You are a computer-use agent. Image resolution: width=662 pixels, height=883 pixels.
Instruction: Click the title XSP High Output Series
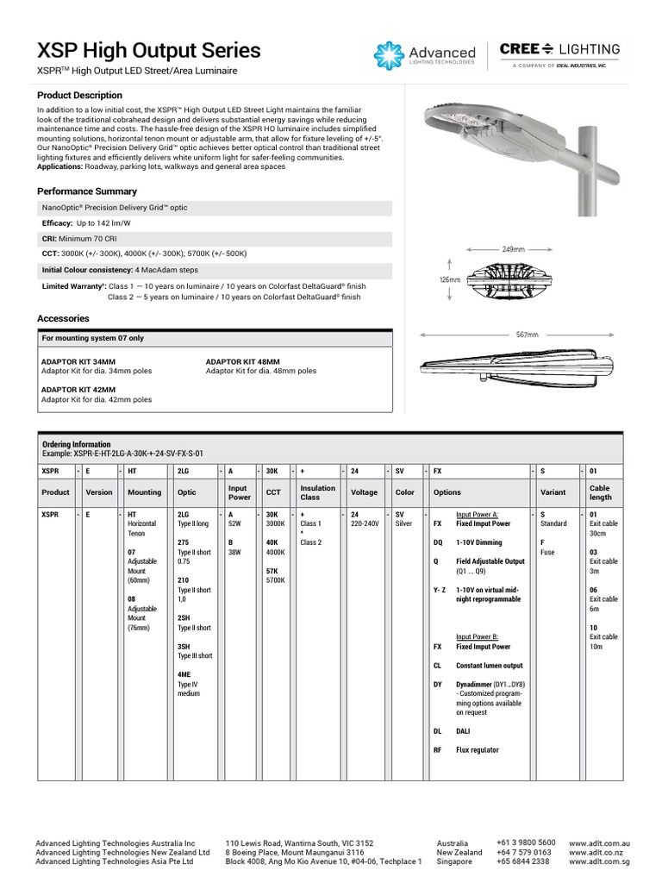click(148, 49)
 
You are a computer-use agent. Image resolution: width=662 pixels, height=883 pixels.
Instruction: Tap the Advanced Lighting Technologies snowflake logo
click(389, 55)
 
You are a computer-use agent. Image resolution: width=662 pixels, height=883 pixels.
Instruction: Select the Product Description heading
click(79, 95)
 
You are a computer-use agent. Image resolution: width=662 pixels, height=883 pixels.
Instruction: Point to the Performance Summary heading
click(86, 191)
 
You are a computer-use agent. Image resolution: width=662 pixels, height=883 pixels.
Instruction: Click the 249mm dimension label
click(514, 249)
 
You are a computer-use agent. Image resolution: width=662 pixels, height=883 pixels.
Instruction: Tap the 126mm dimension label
click(448, 280)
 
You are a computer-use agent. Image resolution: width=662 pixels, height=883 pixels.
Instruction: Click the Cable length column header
click(601, 492)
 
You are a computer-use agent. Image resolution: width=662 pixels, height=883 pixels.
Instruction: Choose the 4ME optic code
click(184, 674)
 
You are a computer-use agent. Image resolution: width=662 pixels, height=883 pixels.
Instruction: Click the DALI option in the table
click(464, 730)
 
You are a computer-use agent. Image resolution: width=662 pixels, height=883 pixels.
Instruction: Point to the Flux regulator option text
click(477, 750)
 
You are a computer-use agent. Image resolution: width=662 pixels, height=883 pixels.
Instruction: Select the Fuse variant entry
click(547, 552)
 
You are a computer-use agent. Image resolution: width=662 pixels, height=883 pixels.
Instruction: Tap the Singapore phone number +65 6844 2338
click(522, 861)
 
